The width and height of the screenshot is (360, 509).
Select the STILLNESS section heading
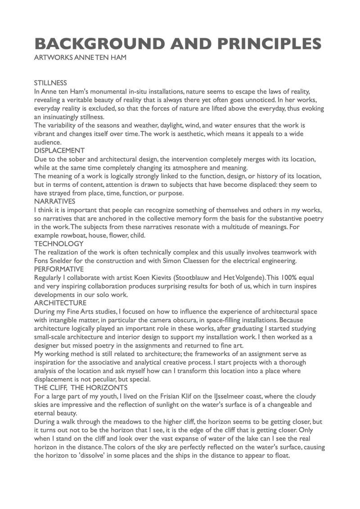tap(50, 83)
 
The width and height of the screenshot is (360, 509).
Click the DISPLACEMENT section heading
tap(59, 150)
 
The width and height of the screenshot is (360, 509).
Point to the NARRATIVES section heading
tap(54, 201)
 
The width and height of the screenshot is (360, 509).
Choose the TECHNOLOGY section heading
tap(58, 243)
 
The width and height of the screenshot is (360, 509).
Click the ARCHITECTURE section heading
tap(60, 303)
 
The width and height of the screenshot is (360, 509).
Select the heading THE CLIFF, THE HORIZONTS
tap(81, 387)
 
